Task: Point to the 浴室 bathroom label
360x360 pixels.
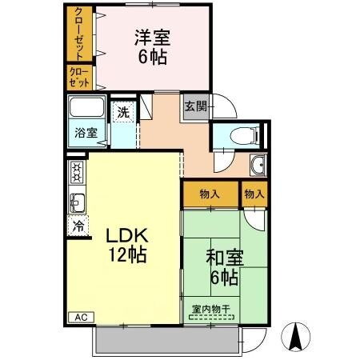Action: pyautogui.click(x=86, y=133)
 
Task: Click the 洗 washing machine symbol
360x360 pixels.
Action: pyautogui.click(x=123, y=113)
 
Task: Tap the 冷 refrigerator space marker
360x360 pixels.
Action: pyautogui.click(x=78, y=226)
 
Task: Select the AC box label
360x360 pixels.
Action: pyautogui.click(x=80, y=318)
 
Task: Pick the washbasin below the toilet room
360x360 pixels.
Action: pyautogui.click(x=258, y=166)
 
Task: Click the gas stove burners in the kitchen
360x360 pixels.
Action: pyautogui.click(x=77, y=170)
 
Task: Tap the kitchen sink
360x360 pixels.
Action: pyautogui.click(x=77, y=199)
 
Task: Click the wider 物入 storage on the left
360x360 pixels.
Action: pyautogui.click(x=210, y=194)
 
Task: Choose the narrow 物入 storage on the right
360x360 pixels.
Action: pyautogui.click(x=254, y=194)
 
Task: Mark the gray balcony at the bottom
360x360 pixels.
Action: pyautogui.click(x=165, y=341)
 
